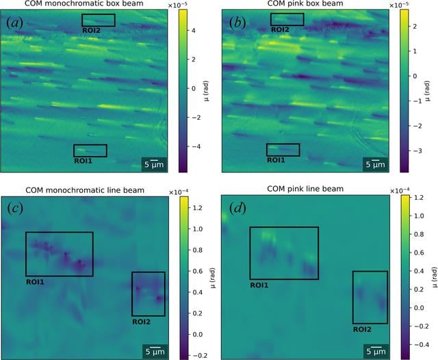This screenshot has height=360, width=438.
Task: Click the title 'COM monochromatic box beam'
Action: pos(84,3)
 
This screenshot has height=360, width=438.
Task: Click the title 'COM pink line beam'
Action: pos(305,189)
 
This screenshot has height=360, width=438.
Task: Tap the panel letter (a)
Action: pos(14,23)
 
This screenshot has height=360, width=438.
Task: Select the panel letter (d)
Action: pos(237,208)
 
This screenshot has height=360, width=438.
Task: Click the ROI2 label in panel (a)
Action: pos(91,30)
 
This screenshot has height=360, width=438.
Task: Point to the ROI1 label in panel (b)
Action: pos(276,160)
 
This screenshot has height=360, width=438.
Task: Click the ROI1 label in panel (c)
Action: pos(35,282)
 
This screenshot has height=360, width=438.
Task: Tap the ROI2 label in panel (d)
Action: pos(362,330)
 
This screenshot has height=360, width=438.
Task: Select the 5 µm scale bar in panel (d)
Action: pos(376,347)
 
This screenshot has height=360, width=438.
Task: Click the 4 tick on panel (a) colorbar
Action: pos(194,30)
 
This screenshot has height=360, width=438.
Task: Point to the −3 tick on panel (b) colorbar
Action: pos(415,151)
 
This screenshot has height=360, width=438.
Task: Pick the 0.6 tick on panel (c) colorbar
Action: pos(198,271)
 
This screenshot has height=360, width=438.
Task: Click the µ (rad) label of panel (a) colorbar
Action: pos(207,91)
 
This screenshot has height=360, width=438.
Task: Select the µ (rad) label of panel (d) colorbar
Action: pos(434,277)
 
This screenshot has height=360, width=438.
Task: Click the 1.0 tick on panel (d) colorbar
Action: pos(418,216)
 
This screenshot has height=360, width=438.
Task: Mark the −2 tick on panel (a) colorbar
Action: pos(192,117)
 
